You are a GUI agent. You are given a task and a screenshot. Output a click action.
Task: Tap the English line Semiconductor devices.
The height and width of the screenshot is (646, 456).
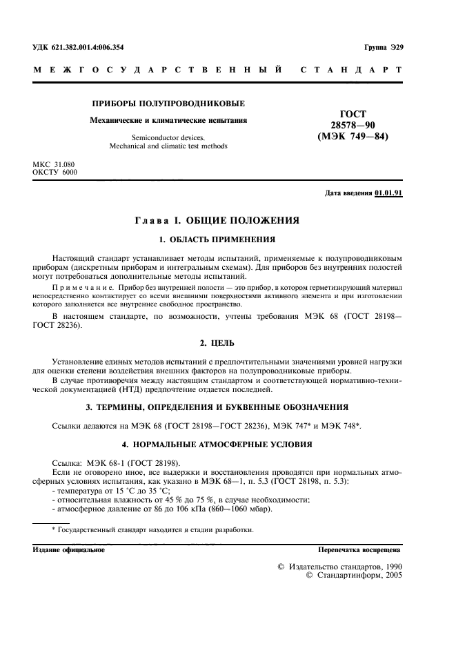[x=168, y=137]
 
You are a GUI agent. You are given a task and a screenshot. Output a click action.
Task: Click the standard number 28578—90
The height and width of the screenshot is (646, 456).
[x=353, y=125]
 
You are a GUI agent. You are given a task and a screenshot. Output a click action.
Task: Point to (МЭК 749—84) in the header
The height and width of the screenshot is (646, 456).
[x=353, y=136]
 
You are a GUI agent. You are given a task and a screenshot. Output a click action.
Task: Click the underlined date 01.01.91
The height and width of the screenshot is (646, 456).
[x=388, y=193]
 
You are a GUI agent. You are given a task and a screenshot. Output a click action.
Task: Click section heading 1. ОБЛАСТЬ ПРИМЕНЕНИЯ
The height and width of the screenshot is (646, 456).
[x=217, y=239]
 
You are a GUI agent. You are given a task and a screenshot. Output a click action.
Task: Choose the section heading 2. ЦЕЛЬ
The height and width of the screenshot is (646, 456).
[x=217, y=342]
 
